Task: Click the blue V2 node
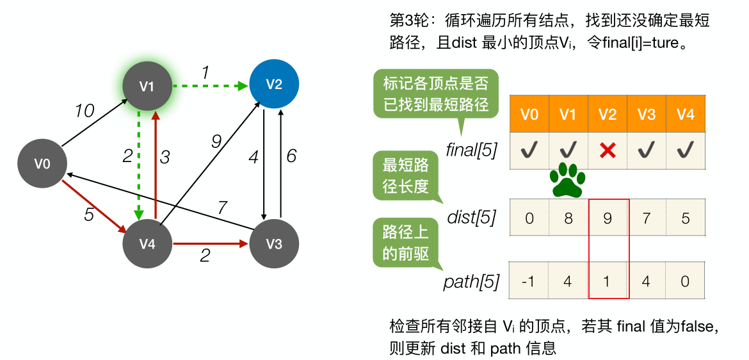tap(274, 85)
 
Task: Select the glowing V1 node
tap(148, 85)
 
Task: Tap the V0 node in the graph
tap(42, 164)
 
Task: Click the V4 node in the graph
tap(148, 243)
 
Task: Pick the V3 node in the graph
tap(274, 243)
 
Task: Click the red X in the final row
tap(608, 151)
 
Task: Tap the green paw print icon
tap(567, 180)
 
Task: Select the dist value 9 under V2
tap(608, 218)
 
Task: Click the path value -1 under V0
tap(529, 281)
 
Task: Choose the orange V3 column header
tap(646, 115)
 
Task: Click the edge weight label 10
tap(84, 111)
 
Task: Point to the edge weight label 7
tap(222, 207)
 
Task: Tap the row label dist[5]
tap(472, 217)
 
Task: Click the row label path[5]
tap(471, 281)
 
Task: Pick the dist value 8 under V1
tap(568, 218)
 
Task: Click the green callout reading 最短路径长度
tap(405, 176)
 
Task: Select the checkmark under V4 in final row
tap(685, 151)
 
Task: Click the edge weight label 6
tap(291, 156)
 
